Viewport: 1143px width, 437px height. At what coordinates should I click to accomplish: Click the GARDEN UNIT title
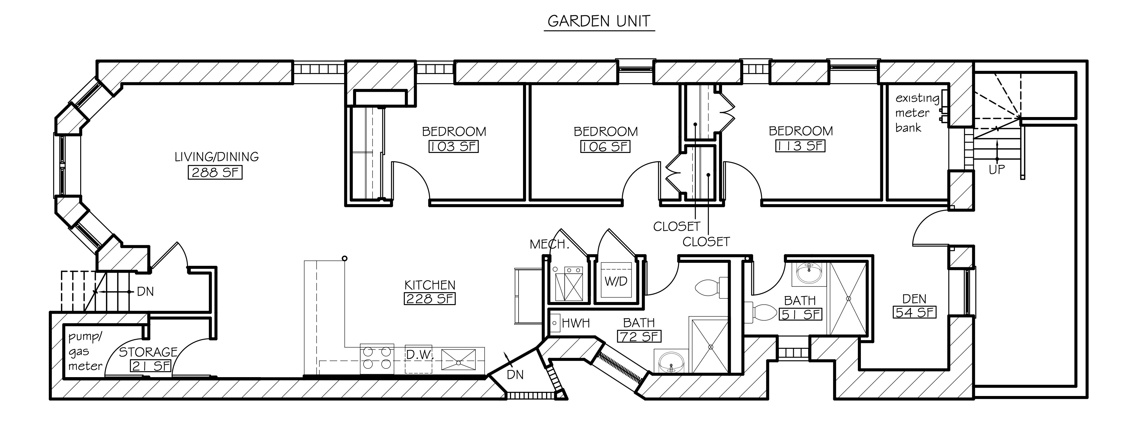[599, 21]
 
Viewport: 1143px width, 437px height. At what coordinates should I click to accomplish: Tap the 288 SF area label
[215, 172]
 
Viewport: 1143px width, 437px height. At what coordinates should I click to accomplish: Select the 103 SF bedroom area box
[454, 146]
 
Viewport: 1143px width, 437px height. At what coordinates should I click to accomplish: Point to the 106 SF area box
[605, 146]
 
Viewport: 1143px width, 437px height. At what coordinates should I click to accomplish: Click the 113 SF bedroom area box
[800, 146]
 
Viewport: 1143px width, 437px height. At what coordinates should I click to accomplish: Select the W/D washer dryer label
[616, 281]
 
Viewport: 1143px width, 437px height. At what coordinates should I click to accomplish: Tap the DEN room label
[914, 299]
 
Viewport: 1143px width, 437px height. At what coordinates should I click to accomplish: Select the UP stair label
[997, 169]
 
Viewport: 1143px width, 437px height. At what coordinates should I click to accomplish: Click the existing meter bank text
[917, 113]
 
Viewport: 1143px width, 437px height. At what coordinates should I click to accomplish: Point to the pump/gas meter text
[86, 351]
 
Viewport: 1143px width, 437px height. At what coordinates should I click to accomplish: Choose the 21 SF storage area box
[151, 365]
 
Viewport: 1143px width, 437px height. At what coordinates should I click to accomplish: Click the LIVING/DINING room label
[217, 157]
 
